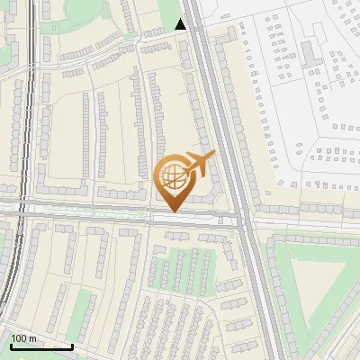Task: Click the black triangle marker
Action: [x=181, y=24]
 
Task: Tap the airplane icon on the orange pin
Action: [x=197, y=166]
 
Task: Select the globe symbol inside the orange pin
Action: [x=171, y=176]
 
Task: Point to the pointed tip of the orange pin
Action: [x=171, y=211]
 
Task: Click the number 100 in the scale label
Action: [x=19, y=338]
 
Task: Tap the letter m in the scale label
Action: [x=32, y=338]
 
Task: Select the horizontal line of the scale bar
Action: [x=40, y=346]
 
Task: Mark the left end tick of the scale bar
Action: [x=10, y=345]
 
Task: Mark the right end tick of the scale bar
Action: [x=72, y=345]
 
